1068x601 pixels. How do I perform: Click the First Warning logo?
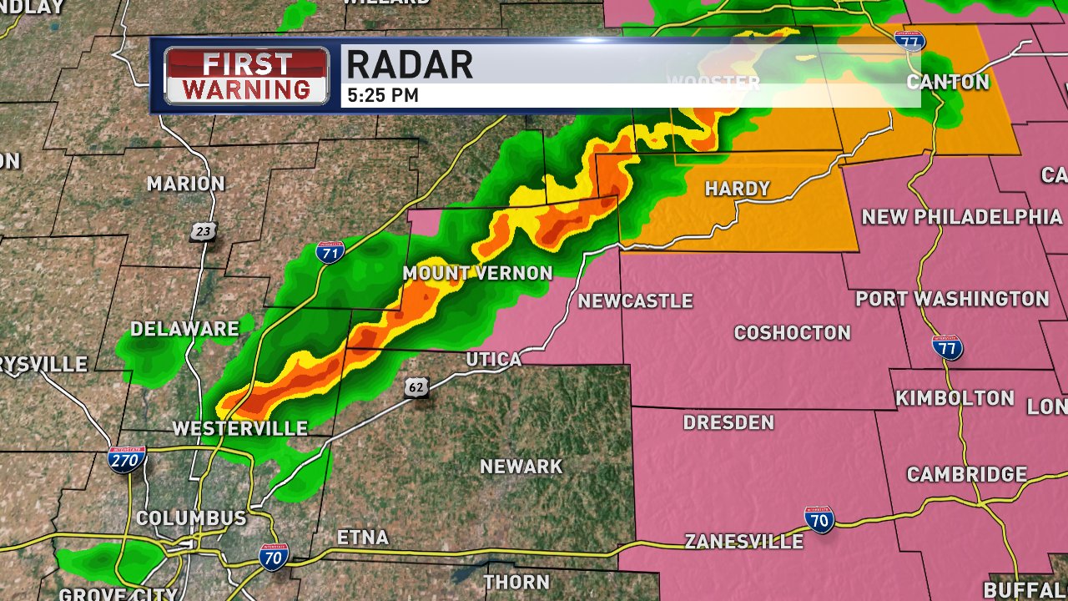[246, 75]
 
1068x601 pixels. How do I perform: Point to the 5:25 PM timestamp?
[382, 96]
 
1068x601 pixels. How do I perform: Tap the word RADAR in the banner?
[409, 64]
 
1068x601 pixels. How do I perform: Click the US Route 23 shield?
[202, 231]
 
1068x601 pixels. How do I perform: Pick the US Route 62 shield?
[418, 386]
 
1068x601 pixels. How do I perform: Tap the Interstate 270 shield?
[127, 459]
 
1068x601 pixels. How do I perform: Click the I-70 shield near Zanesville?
[819, 519]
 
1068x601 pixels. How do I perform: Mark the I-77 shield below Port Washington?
[947, 346]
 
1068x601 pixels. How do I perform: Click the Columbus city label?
[191, 518]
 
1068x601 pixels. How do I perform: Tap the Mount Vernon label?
[477, 273]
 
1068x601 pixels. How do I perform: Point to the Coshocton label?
[792, 333]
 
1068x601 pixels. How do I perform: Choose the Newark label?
[521, 467]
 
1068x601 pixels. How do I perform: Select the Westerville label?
[239, 428]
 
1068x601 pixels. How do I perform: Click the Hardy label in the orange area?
[737, 189]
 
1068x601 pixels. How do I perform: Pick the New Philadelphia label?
[961, 217]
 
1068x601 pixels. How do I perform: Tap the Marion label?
[186, 184]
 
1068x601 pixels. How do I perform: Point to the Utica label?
[493, 359]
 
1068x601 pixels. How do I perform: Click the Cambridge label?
[966, 474]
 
